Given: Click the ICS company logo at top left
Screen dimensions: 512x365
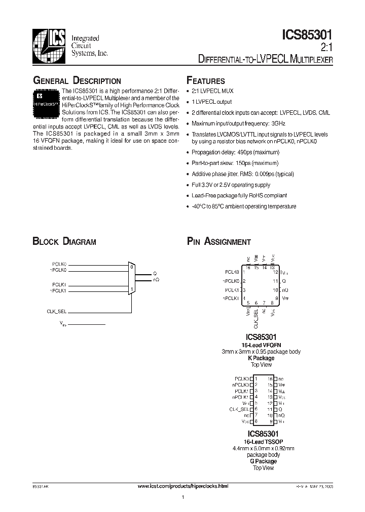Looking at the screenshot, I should (x=49, y=44).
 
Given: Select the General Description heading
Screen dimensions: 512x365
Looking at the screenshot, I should (x=77, y=81).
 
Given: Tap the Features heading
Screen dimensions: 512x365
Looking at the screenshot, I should (x=206, y=81).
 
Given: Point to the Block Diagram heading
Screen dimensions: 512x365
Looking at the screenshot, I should (x=64, y=242).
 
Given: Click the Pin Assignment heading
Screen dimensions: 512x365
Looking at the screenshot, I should (x=218, y=242).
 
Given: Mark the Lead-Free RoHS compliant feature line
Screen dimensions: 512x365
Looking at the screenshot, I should (x=239, y=195).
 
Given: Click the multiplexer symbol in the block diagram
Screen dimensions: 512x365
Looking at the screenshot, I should (x=131, y=279).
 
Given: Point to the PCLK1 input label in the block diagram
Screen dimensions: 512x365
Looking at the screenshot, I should (x=59, y=285).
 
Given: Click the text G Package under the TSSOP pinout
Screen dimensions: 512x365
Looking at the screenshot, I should (x=262, y=461).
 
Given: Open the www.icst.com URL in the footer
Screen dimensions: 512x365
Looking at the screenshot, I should (x=182, y=486).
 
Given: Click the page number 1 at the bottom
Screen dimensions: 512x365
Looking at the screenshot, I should (x=182, y=498).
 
